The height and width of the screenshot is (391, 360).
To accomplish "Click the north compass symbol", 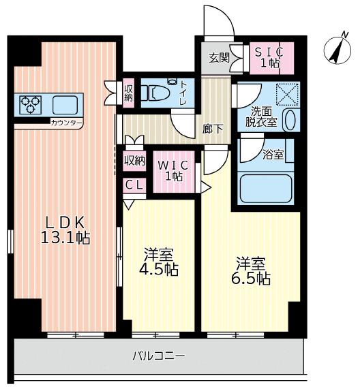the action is pyautogui.click(x=337, y=49).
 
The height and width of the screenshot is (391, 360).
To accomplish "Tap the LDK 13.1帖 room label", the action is pyautogui.click(x=65, y=230).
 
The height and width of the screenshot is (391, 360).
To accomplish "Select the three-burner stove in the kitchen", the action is pyautogui.click(x=31, y=105).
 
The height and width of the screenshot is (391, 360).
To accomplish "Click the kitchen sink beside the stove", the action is pyautogui.click(x=65, y=105).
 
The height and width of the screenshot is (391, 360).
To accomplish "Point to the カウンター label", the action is pyautogui.click(x=66, y=123).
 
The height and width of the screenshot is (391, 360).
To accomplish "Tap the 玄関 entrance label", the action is pyautogui.click(x=219, y=58).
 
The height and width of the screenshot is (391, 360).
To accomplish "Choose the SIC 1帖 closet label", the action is pyautogui.click(x=269, y=57).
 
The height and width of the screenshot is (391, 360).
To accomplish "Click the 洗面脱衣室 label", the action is pyautogui.click(x=261, y=117).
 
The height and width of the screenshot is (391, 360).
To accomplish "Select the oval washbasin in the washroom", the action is pyautogui.click(x=290, y=120).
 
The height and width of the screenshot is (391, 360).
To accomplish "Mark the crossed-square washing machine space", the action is pyautogui.click(x=287, y=95).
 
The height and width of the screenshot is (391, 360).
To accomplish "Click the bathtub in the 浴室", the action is pyautogui.click(x=266, y=188).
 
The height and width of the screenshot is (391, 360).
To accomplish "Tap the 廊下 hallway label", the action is pyautogui.click(x=213, y=129).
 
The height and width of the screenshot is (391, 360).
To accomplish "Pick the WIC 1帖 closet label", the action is pyautogui.click(x=174, y=171).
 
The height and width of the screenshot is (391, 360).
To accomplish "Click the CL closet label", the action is pyautogui.click(x=134, y=185).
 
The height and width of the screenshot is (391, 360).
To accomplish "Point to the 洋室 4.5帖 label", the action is pyautogui.click(x=159, y=262).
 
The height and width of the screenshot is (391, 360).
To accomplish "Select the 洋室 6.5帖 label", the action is pyautogui.click(x=251, y=271).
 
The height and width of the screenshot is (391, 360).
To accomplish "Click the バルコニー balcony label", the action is pyautogui.click(x=159, y=356).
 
